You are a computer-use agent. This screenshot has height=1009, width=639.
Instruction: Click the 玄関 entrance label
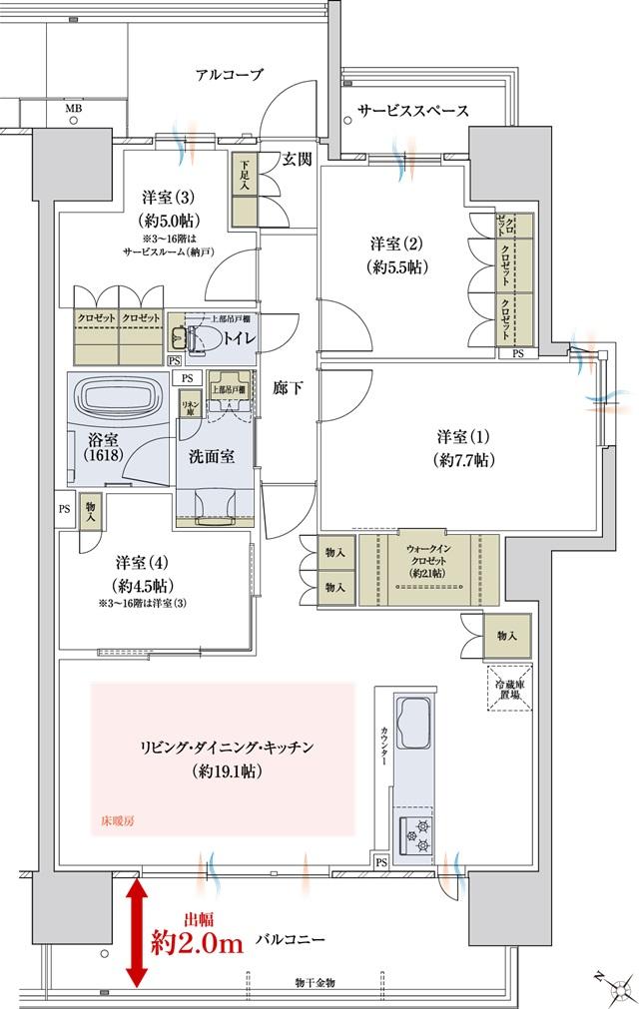pyautogui.click(x=297, y=159)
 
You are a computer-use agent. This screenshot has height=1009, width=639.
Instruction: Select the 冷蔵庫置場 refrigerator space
pyautogui.click(x=505, y=688)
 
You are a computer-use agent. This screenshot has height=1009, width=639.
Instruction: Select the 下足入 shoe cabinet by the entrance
pyautogui.click(x=244, y=179)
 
